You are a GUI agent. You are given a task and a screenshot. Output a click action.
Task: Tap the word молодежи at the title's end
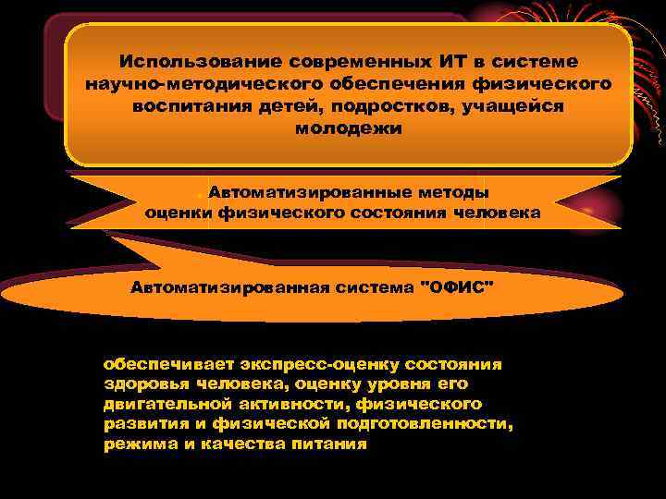[349, 128]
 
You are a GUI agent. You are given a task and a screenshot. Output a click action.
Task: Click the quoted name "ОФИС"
[458, 287]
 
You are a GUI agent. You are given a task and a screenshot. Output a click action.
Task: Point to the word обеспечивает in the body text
[158, 365]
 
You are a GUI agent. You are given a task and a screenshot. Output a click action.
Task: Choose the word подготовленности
[435, 424]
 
